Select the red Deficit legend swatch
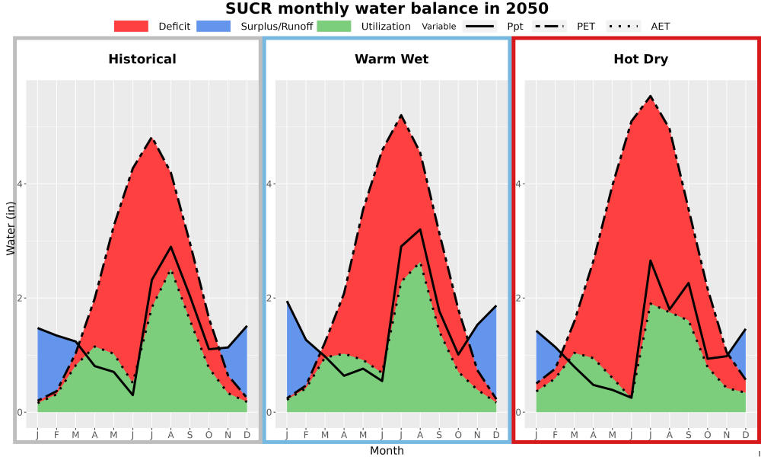click(x=131, y=26)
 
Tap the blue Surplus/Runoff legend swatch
click(x=214, y=26)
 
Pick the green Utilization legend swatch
click(x=334, y=26)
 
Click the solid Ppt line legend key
click(x=479, y=26)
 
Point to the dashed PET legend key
click(x=549, y=26)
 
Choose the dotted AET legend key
click(x=623, y=26)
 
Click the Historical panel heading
click(x=142, y=59)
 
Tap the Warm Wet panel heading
click(x=392, y=59)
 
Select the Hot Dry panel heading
click(x=641, y=59)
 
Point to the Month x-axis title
click(x=387, y=451)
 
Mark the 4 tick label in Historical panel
click(x=20, y=184)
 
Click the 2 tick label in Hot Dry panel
click(x=517, y=298)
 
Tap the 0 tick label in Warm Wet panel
click(x=269, y=412)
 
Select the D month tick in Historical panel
click(x=247, y=435)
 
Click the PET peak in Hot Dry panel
click(x=651, y=96)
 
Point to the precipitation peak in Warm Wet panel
click(x=420, y=229)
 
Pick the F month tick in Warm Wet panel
click(x=306, y=435)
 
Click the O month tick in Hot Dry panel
click(x=708, y=435)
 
